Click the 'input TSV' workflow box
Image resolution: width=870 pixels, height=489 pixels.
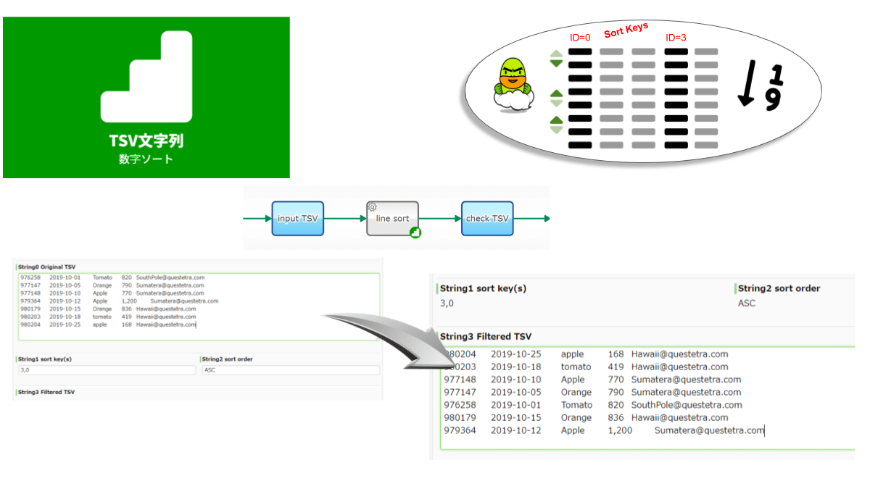(x=298, y=219)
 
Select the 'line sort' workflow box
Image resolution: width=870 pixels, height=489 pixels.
(x=392, y=219)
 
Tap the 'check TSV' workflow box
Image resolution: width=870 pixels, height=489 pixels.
(x=487, y=219)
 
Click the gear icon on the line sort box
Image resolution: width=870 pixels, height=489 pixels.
(x=372, y=206)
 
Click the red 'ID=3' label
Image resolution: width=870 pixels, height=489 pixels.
(x=676, y=38)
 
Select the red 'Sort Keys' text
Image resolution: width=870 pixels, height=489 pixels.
(x=626, y=30)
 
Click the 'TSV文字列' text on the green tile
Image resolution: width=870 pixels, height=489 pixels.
(x=146, y=140)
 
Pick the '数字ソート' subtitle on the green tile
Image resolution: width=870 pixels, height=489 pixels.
(x=146, y=159)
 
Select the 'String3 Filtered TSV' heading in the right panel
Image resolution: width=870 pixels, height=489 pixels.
(x=486, y=336)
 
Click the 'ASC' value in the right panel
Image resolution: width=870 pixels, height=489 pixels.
(x=746, y=304)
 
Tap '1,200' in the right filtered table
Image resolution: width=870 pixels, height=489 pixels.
(x=620, y=430)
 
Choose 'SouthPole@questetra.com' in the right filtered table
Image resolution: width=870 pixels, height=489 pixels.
(x=687, y=405)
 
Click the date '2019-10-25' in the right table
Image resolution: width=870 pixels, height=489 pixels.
(x=515, y=354)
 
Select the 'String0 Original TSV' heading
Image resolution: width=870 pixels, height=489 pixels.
(x=46, y=267)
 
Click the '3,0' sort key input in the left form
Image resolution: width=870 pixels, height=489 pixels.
(x=106, y=370)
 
